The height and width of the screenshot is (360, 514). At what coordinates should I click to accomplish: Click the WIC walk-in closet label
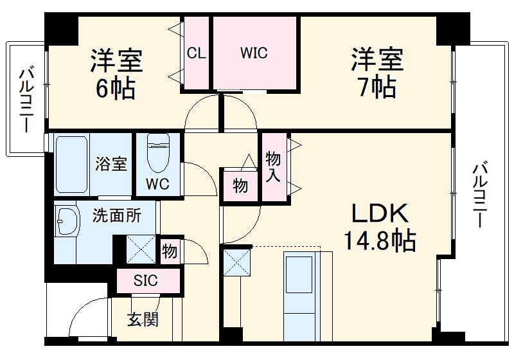(x=254, y=53)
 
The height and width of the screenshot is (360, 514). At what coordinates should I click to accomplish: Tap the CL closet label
(x=197, y=53)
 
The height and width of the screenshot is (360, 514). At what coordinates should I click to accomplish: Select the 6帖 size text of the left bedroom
(x=116, y=89)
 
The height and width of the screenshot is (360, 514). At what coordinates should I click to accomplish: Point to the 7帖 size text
(x=377, y=87)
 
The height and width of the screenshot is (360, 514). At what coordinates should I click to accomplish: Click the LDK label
(x=378, y=213)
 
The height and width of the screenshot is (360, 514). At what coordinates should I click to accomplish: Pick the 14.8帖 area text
(x=378, y=241)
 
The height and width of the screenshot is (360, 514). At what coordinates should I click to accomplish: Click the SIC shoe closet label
(x=145, y=280)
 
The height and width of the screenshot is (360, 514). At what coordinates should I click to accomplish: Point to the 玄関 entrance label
(x=142, y=318)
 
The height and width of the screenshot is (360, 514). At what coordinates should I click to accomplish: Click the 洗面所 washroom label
(x=116, y=216)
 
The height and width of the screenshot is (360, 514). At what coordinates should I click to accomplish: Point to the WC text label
(x=157, y=184)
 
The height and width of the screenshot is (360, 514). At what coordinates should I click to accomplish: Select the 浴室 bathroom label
(x=112, y=164)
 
